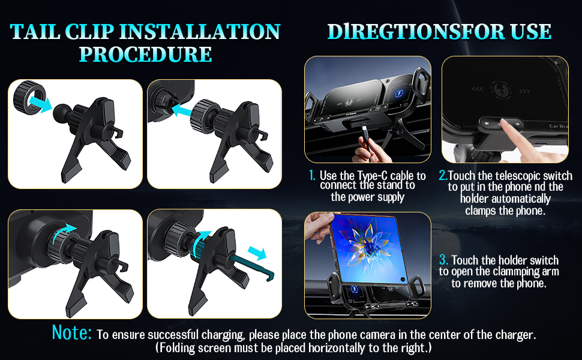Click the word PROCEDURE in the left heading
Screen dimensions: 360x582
146,54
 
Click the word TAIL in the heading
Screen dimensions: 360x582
35,31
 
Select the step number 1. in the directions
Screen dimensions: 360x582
312,176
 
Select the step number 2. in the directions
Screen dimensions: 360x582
443,176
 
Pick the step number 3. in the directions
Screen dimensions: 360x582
443,260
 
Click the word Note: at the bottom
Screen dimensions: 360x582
72,333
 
